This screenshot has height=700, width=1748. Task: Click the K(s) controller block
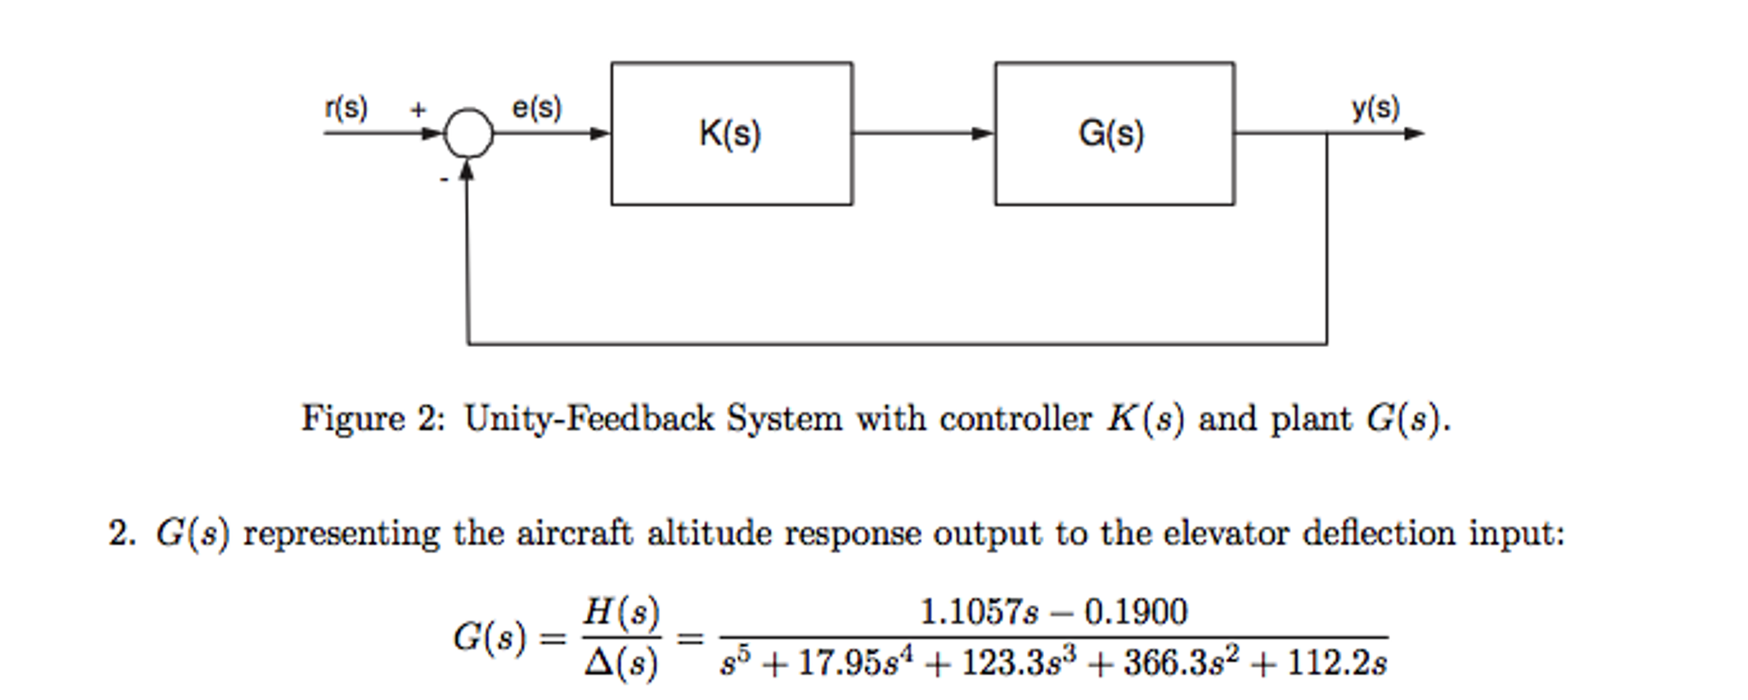[731, 133]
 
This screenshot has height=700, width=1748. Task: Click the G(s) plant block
[1113, 133]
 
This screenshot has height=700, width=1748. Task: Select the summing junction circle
[468, 133]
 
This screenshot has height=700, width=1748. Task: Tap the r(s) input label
[346, 109]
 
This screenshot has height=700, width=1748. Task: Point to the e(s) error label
[537, 108]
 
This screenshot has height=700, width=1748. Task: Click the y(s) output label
[1375, 109]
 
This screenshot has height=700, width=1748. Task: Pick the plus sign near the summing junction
[418, 109]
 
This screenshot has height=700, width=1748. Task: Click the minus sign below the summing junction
[443, 179]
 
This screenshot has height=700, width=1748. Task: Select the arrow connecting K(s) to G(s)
[923, 133]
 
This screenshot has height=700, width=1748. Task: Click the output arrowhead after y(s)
[1414, 133]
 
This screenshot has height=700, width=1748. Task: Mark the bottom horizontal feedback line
[897, 344]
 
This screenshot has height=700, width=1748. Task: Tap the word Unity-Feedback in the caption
[589, 419]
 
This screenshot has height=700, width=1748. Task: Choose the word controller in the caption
[1015, 419]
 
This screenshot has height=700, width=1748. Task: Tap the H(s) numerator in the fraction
[621, 612]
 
